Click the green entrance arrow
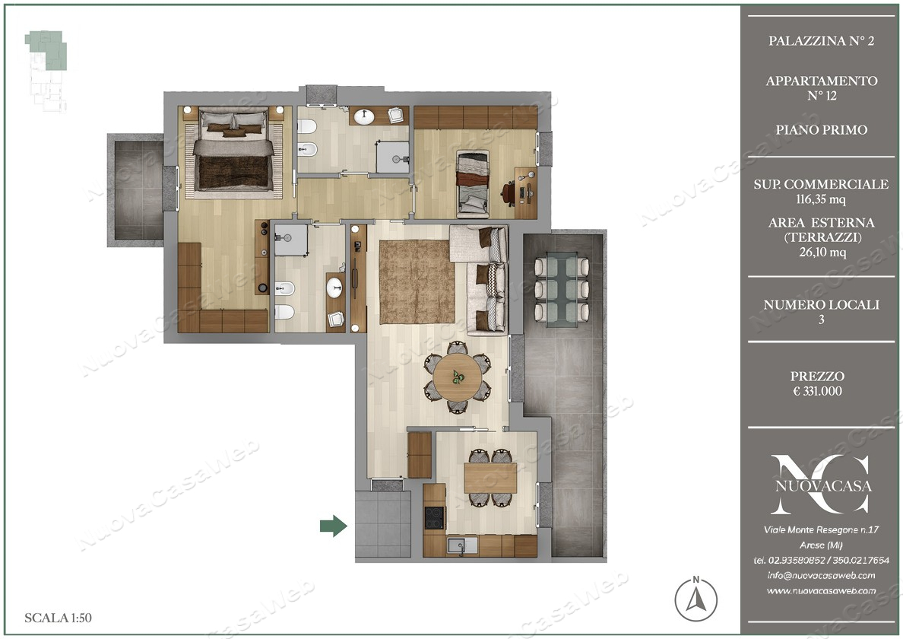pos(334,526)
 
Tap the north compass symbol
pos(695,599)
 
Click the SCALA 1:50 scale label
pos(59,618)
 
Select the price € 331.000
pos(817,391)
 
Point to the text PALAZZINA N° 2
pos(821,41)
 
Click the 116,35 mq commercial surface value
pos(821,199)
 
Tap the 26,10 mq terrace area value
pos(822,252)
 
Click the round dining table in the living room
pos(458,377)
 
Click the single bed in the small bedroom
pos(473,184)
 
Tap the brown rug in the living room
pos(417,281)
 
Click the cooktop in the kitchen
pos(434,517)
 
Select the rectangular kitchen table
pos(490,478)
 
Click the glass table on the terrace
pos(562,289)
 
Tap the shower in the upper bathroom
pos(392,157)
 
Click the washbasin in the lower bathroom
pos(334,288)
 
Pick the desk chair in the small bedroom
pos(508,192)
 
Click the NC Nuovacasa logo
pos(821,484)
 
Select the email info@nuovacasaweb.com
pos(821,575)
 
